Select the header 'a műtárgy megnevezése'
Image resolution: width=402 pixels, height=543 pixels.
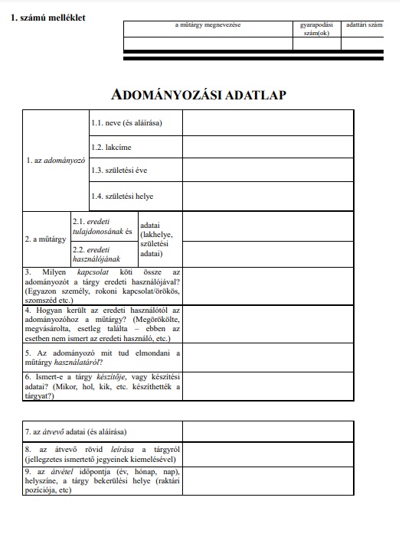click(x=208, y=26)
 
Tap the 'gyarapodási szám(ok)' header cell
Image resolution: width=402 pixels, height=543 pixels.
click(x=315, y=29)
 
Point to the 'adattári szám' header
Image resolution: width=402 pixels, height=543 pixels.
click(x=364, y=26)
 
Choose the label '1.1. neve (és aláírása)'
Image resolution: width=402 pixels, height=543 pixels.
click(x=127, y=123)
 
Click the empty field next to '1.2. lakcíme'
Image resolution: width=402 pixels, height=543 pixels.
click(x=268, y=147)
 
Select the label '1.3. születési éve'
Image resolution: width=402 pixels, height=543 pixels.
click(x=119, y=171)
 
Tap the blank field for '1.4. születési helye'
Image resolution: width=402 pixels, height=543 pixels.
click(x=268, y=196)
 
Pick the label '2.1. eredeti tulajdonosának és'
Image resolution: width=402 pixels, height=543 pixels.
click(x=103, y=226)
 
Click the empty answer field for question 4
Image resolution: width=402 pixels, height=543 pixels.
click(x=268, y=324)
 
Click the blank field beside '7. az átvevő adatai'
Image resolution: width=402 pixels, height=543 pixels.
click(x=268, y=431)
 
